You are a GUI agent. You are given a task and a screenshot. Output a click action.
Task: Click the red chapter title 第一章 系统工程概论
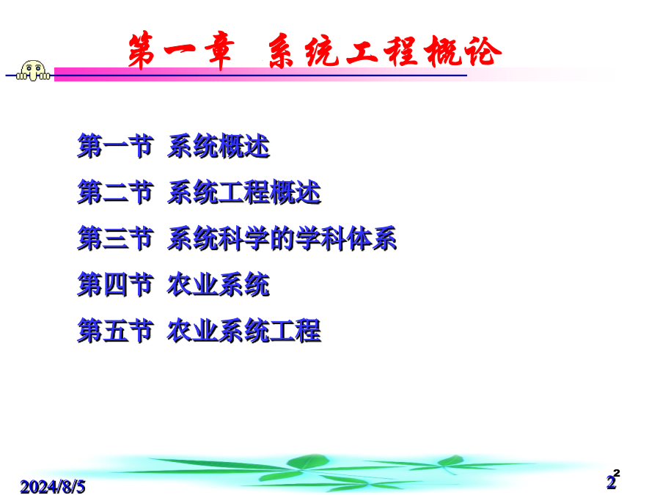pos(315,51)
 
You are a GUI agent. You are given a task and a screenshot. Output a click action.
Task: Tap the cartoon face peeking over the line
pos(33,70)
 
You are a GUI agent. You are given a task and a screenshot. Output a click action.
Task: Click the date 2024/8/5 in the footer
pos(53,487)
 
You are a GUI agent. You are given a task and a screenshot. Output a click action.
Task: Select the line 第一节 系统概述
pos(173,146)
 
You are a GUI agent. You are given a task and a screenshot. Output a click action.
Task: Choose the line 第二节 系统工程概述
pos(199,192)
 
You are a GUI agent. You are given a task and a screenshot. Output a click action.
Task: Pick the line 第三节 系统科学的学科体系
pos(237,238)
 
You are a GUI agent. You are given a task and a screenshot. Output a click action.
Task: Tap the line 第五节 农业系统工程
pos(199,331)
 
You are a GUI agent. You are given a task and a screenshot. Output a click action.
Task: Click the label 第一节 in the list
pos(115,146)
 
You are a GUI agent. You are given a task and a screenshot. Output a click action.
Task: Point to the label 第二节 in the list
pos(115,192)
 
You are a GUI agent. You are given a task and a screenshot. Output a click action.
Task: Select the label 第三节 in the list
pos(115,238)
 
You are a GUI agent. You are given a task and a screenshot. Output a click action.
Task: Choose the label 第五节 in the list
pos(115,331)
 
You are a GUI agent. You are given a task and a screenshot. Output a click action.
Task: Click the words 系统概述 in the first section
pos(219,146)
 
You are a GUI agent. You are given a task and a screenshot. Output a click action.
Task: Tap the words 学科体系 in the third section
pos(346,238)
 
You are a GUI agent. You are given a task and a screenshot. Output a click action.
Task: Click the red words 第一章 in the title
pos(181,51)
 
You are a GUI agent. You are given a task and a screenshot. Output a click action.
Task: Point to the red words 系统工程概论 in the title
pos(385,51)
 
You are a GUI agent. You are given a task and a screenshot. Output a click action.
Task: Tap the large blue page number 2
pos(611,483)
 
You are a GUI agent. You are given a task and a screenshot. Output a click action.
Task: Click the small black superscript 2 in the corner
pos(617,473)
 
